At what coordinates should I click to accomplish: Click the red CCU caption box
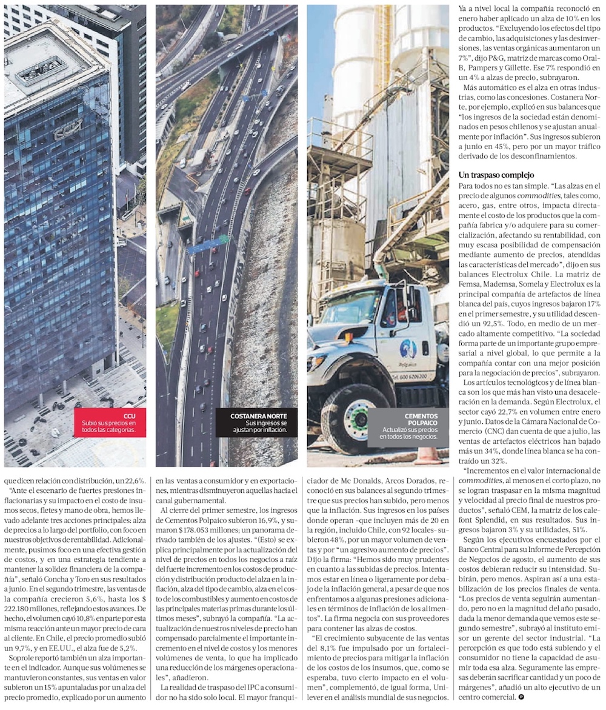tap(110, 421)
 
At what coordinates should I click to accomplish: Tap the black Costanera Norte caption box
tap(256, 423)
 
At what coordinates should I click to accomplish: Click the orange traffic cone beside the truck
tap(428, 455)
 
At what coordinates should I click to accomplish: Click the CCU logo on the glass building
tap(68, 130)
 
